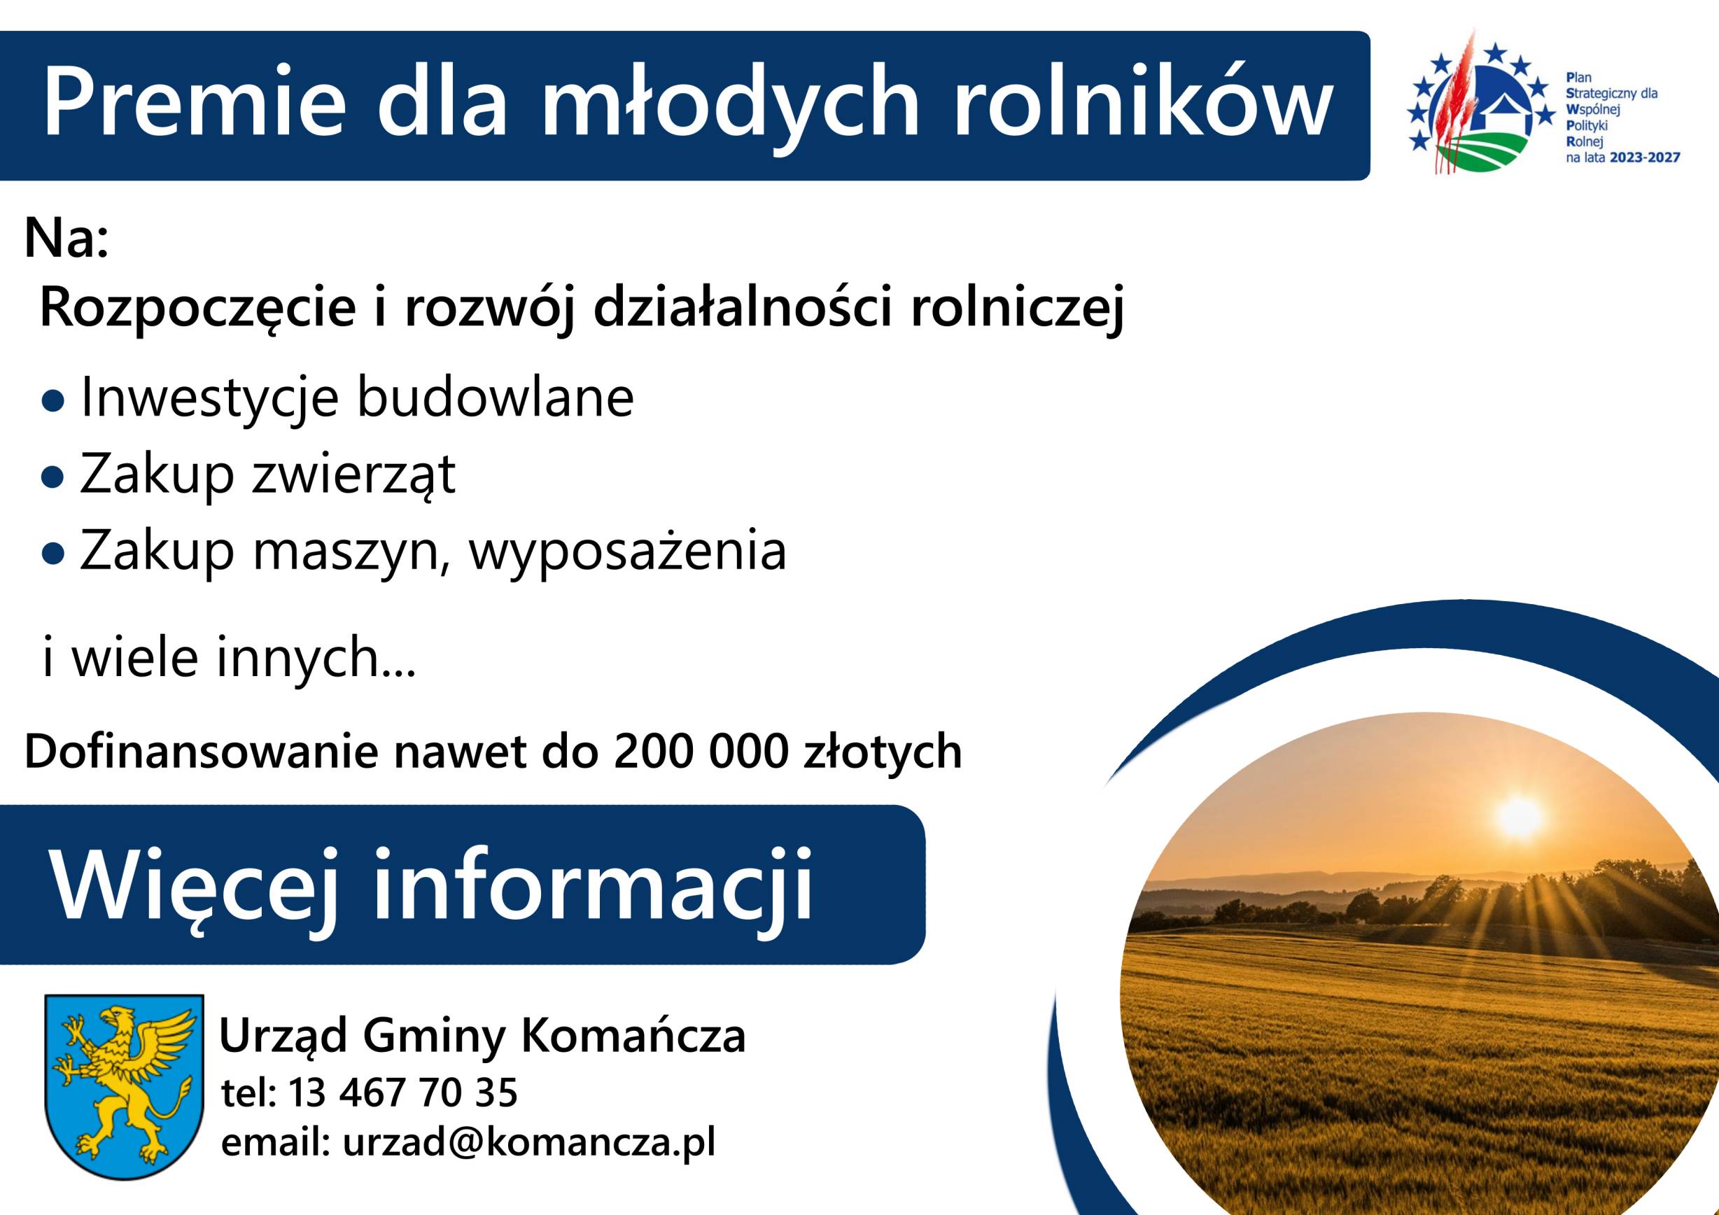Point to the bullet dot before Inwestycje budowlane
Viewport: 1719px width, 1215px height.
[53, 402]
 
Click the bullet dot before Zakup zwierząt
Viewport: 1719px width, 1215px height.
[53, 477]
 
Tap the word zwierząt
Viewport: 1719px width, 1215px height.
[353, 475]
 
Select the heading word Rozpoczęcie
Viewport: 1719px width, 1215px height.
[197, 309]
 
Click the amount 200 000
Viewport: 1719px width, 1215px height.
[701, 752]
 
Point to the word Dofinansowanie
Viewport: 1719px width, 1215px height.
[202, 752]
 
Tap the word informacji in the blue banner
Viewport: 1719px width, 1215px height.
[592, 886]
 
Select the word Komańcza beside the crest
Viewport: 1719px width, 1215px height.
[633, 1037]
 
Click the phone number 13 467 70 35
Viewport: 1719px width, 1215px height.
[402, 1093]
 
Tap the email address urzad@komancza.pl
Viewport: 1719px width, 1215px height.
[529, 1144]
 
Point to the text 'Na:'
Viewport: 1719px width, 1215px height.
[66, 238]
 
